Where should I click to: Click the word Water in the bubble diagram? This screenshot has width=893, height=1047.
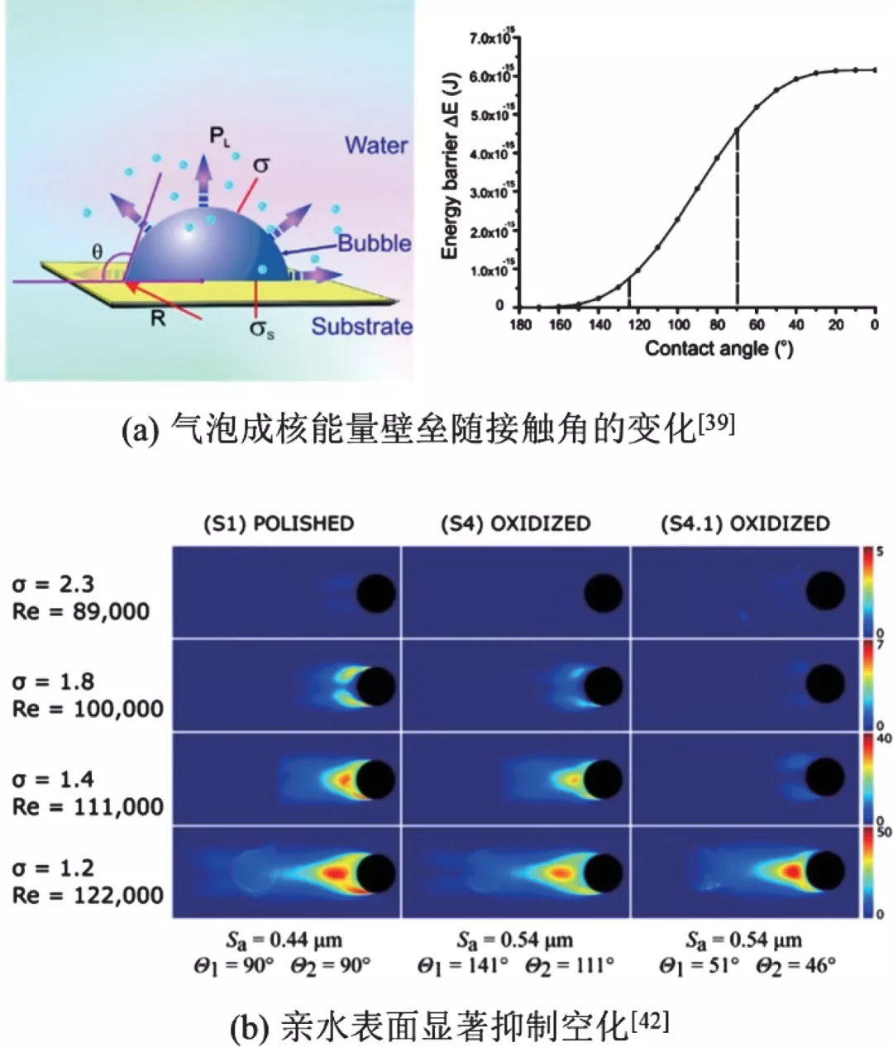click(x=376, y=146)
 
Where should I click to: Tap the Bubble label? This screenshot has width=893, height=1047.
click(x=375, y=243)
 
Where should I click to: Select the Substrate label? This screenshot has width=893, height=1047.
click(x=361, y=326)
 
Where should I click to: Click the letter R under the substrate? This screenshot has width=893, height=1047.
click(x=158, y=318)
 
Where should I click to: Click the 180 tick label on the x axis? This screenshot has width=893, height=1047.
click(x=521, y=325)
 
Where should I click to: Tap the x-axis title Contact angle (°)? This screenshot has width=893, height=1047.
click(x=719, y=349)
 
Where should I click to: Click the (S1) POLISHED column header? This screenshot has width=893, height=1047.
click(x=279, y=523)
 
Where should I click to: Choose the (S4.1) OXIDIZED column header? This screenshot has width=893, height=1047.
click(x=745, y=523)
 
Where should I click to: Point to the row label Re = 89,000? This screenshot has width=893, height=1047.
click(x=81, y=612)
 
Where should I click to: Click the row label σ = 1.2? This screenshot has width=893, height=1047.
click(x=54, y=868)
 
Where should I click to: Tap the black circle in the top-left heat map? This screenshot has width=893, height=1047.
click(x=375, y=593)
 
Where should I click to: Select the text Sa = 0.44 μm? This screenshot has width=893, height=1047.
click(x=284, y=940)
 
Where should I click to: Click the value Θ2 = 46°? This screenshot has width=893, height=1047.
click(x=795, y=965)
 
